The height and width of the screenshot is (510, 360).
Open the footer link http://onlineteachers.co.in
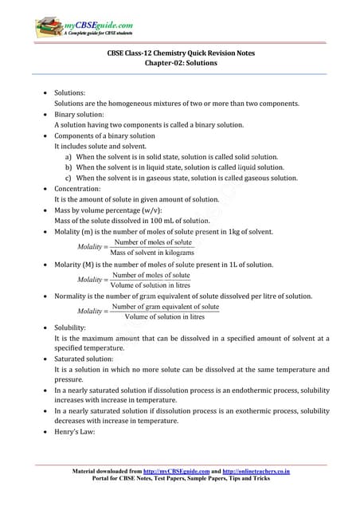(x=250, y=472)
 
